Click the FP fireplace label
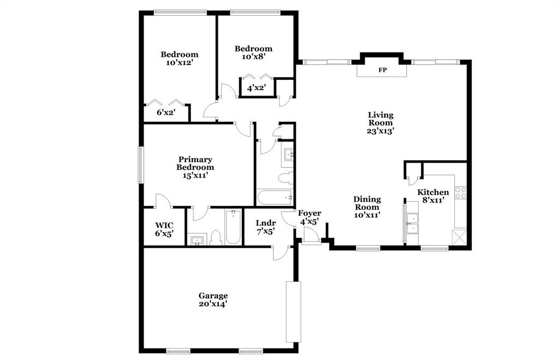pyautogui.click(x=383, y=70)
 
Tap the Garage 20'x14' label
pyautogui.click(x=213, y=300)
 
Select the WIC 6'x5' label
pyautogui.click(x=164, y=229)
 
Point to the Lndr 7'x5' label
pyautogui.click(x=266, y=227)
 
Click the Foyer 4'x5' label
pyautogui.click(x=310, y=217)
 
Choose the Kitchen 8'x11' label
pyautogui.click(x=433, y=196)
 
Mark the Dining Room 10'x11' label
pyautogui.click(x=367, y=207)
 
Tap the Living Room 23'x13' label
pyautogui.click(x=380, y=123)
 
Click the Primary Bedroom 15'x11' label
pyautogui.click(x=195, y=167)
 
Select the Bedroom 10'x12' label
pyautogui.click(x=179, y=58)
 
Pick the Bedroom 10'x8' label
pyautogui.click(x=253, y=52)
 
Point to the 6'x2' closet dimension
pyautogui.click(x=164, y=113)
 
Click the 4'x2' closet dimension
pyautogui.click(x=257, y=87)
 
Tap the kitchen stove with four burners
pyautogui.click(x=461, y=192)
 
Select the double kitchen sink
pyautogui.click(x=412, y=224)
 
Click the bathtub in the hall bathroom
pyautogui.click(x=275, y=197)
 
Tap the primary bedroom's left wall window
pyautogui.click(x=141, y=164)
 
